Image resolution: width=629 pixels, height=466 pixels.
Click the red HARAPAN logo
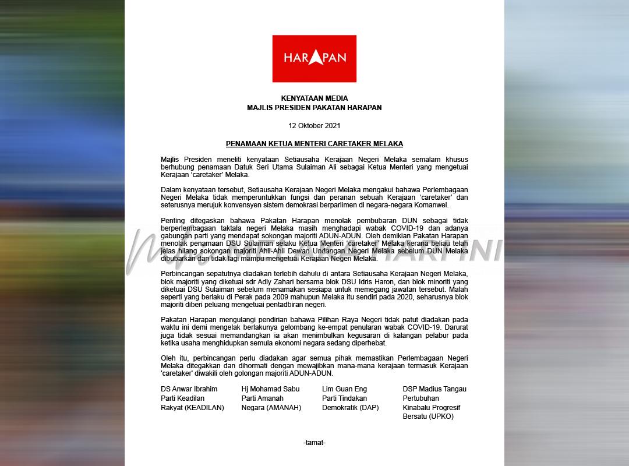[x=314, y=58]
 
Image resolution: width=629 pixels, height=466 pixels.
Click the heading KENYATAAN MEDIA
[x=314, y=98]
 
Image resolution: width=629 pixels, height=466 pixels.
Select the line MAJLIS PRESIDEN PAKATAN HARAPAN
[x=314, y=108]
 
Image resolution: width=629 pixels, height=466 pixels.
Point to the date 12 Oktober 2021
[x=314, y=125]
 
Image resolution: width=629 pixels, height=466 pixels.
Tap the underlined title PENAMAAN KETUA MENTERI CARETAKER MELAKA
[x=314, y=143]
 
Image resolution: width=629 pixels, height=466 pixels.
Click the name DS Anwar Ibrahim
[x=189, y=389]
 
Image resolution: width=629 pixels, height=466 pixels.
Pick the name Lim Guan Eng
[x=344, y=389]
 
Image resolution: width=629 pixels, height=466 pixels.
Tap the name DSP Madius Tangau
[x=434, y=389]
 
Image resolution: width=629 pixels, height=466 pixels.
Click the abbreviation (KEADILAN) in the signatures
[x=204, y=408]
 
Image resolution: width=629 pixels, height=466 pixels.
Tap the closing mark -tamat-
[x=314, y=443]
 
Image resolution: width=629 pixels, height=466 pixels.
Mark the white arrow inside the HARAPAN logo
[x=314, y=57]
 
